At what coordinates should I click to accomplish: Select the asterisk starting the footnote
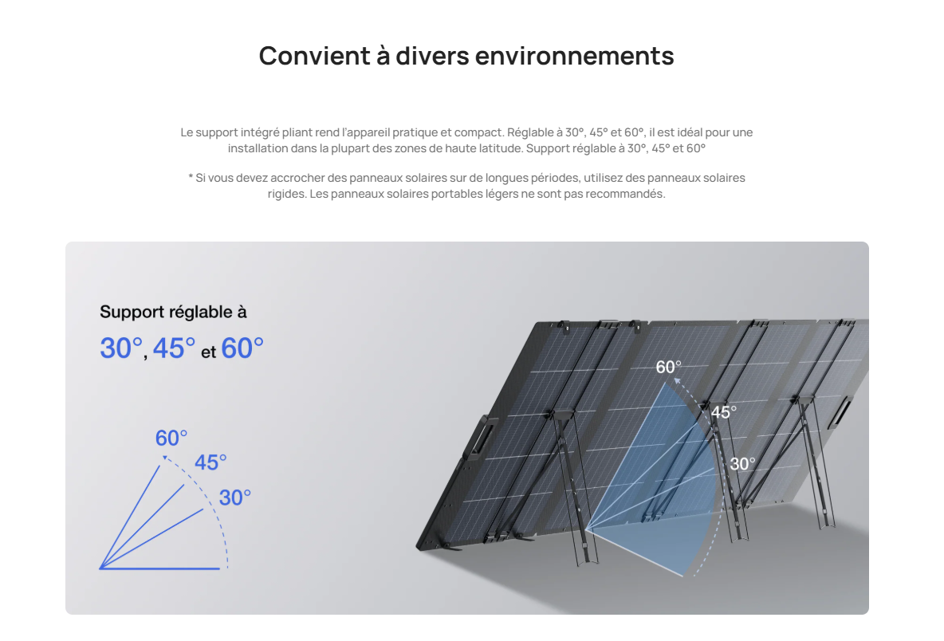(191, 177)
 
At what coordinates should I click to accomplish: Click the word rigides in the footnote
(286, 194)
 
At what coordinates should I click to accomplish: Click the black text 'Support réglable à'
(173, 312)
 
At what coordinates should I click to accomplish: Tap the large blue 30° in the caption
(122, 348)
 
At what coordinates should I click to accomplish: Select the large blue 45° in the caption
(174, 348)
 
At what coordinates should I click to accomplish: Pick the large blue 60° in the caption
(242, 348)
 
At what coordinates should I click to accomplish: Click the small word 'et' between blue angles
(208, 352)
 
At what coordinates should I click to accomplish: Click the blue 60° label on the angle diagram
(171, 438)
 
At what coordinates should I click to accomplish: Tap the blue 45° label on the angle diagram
(210, 462)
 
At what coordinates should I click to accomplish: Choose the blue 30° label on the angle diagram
(234, 497)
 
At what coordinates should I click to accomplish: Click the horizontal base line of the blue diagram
(159, 568)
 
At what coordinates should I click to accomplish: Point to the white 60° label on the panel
(668, 367)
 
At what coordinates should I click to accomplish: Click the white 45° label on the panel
(724, 412)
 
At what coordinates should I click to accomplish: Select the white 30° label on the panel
(742, 463)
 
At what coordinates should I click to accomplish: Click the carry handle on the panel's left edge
(479, 438)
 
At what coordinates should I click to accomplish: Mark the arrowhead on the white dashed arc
(677, 380)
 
